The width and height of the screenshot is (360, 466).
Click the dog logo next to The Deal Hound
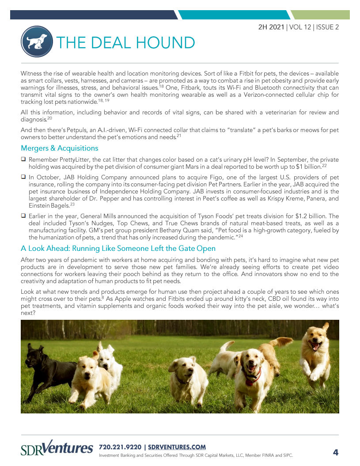[37, 42]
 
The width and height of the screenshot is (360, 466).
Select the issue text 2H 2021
[272, 27]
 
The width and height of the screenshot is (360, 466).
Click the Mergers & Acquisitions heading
[60, 148]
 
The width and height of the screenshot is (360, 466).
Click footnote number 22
[324, 165]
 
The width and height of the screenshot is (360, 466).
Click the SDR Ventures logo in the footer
[57, 449]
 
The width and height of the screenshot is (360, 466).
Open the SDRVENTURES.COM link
[177, 447]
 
